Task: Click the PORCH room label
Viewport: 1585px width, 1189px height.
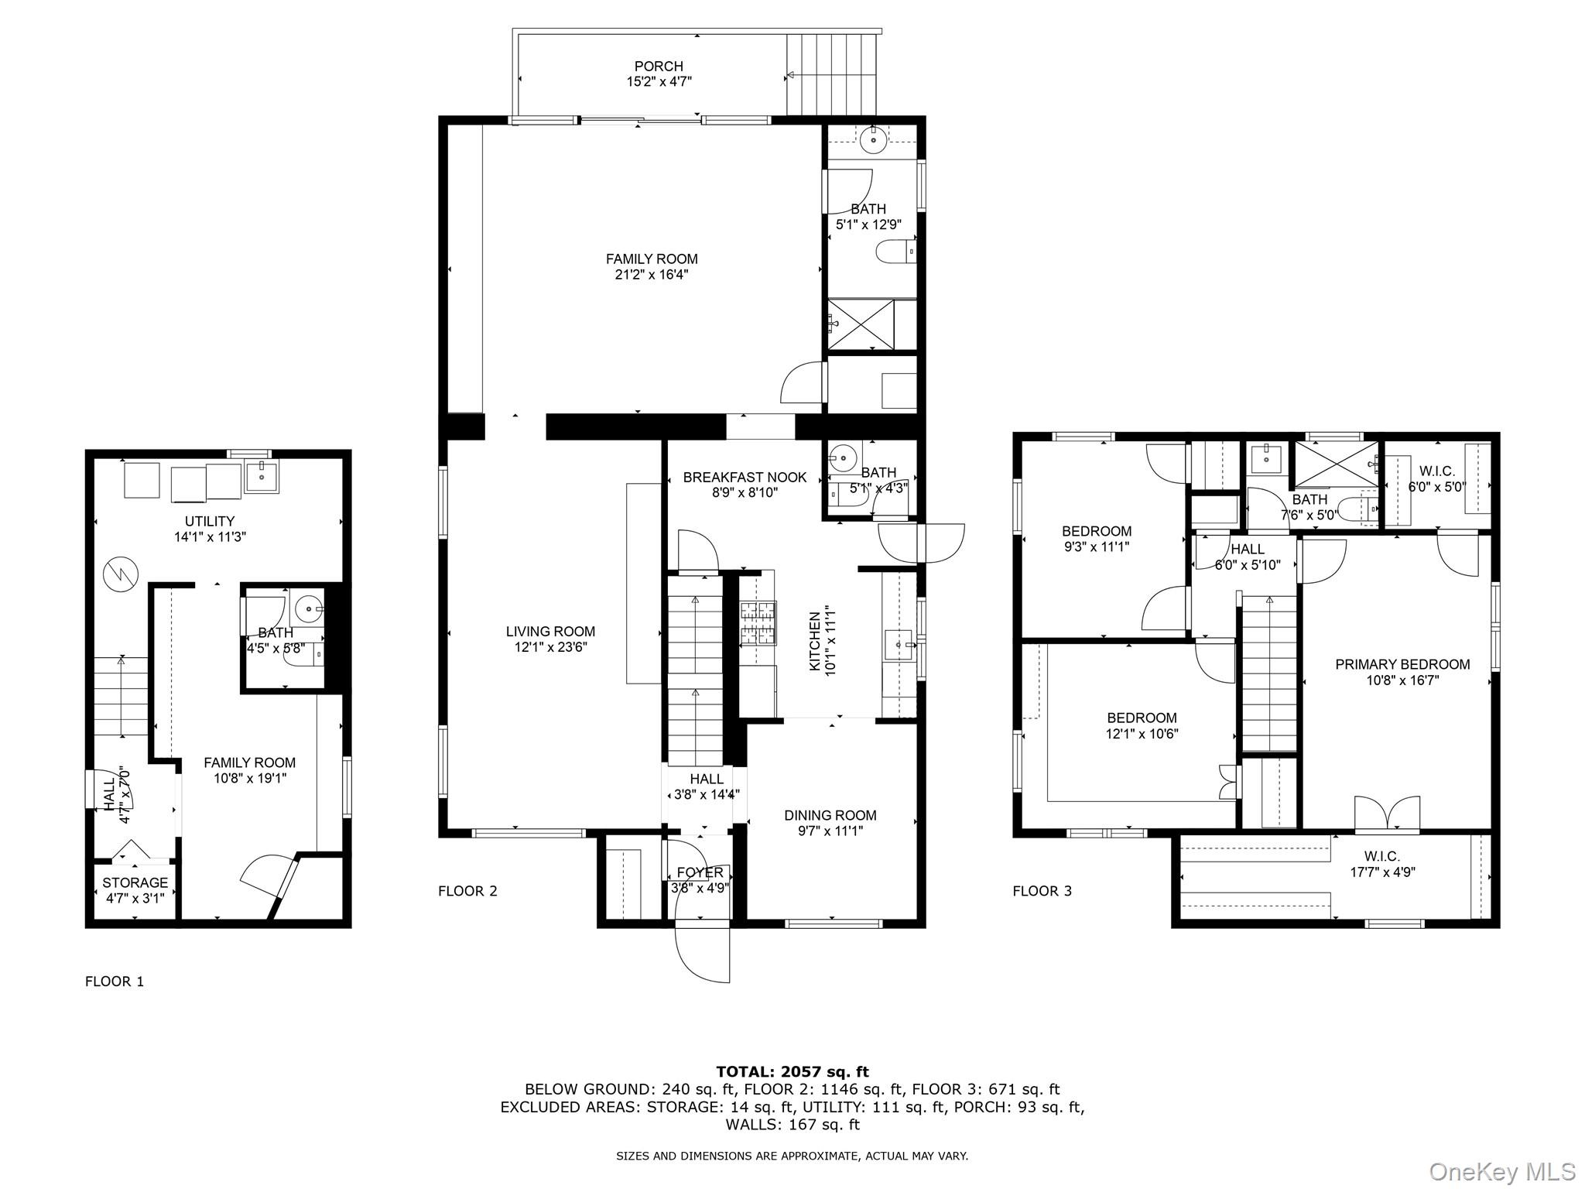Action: point(659,67)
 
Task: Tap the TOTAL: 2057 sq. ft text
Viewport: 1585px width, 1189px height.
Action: point(792,1071)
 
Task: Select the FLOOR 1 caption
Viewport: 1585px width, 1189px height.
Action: point(115,982)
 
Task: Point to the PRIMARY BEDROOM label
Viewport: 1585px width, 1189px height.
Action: point(1402,664)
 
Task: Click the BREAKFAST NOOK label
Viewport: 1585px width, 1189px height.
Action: point(745,478)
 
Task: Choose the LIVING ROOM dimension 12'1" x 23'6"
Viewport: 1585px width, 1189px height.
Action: point(550,648)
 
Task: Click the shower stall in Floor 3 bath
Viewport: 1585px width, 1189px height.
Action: point(1336,464)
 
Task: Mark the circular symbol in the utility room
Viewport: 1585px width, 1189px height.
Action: point(122,574)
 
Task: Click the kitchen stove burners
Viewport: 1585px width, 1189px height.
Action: point(758,624)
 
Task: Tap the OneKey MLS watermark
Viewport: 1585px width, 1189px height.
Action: point(1502,1171)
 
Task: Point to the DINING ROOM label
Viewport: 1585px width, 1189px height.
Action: point(830,815)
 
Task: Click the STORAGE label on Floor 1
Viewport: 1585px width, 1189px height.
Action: point(135,882)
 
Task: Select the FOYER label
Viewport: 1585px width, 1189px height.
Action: point(700,872)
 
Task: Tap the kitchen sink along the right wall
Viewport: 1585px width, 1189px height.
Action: point(899,643)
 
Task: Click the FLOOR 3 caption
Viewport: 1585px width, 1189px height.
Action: point(1042,891)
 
